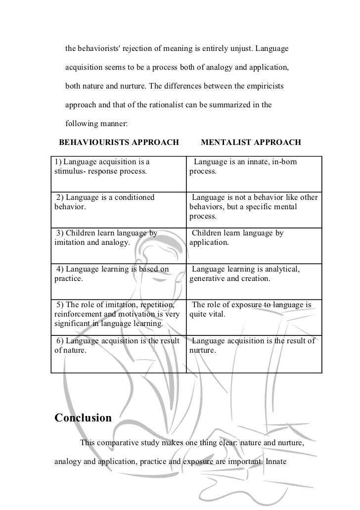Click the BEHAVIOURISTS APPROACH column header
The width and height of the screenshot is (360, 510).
(x=119, y=142)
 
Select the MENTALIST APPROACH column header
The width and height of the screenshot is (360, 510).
(x=251, y=142)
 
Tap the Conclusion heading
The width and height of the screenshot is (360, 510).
(x=83, y=418)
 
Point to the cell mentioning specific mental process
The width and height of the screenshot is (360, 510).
(x=254, y=207)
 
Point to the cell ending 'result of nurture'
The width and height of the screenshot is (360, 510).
(x=253, y=345)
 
